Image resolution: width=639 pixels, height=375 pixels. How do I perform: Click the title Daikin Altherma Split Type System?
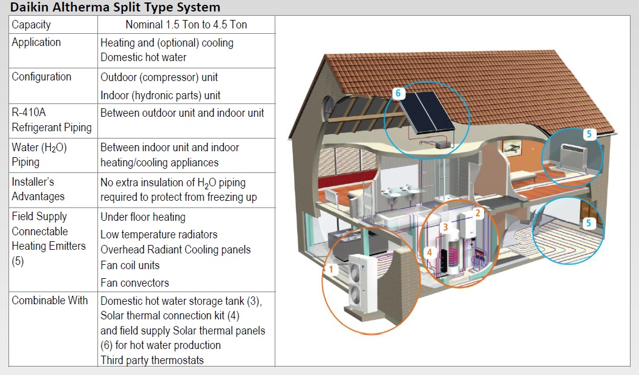[x=115, y=7]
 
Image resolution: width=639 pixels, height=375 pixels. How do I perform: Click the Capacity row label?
[x=31, y=25]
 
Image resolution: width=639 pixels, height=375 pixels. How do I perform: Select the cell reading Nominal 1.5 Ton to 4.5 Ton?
[x=186, y=25]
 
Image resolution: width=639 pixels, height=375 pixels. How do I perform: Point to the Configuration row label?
[x=41, y=77]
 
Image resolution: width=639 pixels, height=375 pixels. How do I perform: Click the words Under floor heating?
[x=143, y=217]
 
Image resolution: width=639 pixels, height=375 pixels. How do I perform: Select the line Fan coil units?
[x=129, y=265]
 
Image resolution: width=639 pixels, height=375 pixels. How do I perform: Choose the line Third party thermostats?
[x=152, y=360]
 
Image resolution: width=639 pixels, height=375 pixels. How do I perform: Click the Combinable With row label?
[x=50, y=300]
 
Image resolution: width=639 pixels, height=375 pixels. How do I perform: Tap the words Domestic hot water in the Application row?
[x=143, y=57]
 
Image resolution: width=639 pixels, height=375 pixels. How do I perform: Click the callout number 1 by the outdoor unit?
[x=331, y=269]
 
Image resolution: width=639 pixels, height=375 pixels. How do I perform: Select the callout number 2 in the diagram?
[x=477, y=213]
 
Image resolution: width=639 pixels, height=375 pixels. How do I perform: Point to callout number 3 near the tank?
[x=445, y=227]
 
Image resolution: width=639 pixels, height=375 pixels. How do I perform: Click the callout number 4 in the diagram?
[x=429, y=252]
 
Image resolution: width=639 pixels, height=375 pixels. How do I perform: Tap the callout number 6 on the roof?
[x=398, y=94]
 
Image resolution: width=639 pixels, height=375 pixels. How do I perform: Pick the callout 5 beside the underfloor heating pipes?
[x=590, y=223]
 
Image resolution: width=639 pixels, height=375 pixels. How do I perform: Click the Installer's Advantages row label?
[x=38, y=189]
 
